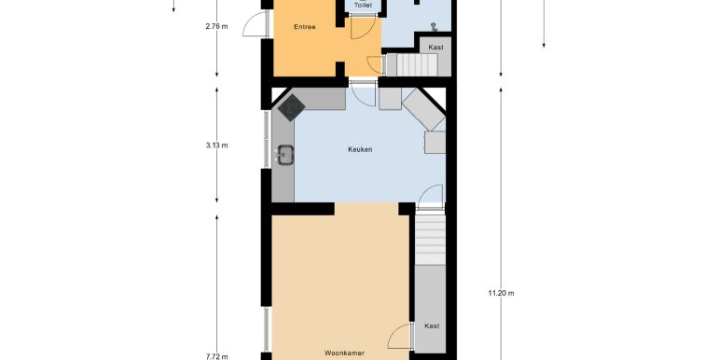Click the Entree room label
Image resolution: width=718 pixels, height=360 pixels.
pyautogui.click(x=305, y=27)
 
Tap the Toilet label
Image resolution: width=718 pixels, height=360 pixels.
pyautogui.click(x=363, y=6)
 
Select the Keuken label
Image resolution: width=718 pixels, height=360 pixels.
pyautogui.click(x=360, y=149)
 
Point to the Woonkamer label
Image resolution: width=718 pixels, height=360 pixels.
pyautogui.click(x=344, y=353)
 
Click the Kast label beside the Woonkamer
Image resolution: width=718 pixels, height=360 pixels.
pyautogui.click(x=432, y=326)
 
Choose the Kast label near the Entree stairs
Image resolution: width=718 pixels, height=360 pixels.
pyautogui.click(x=435, y=48)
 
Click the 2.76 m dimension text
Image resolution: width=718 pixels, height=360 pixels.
pyautogui.click(x=216, y=26)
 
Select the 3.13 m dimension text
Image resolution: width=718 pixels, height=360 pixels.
pyautogui.click(x=216, y=145)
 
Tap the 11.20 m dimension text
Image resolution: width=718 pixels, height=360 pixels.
pyautogui.click(x=501, y=293)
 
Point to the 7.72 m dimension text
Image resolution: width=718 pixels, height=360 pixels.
pyautogui.click(x=216, y=357)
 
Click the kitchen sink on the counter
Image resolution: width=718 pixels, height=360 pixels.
pyautogui.click(x=284, y=155)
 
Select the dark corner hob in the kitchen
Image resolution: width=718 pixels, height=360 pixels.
pyautogui.click(x=291, y=107)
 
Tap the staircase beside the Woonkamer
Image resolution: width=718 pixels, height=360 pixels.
pyautogui.click(x=430, y=239)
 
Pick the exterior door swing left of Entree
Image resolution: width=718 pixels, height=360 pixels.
pyautogui.click(x=255, y=25)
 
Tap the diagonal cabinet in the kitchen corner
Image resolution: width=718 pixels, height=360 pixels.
pyautogui.click(x=423, y=109)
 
